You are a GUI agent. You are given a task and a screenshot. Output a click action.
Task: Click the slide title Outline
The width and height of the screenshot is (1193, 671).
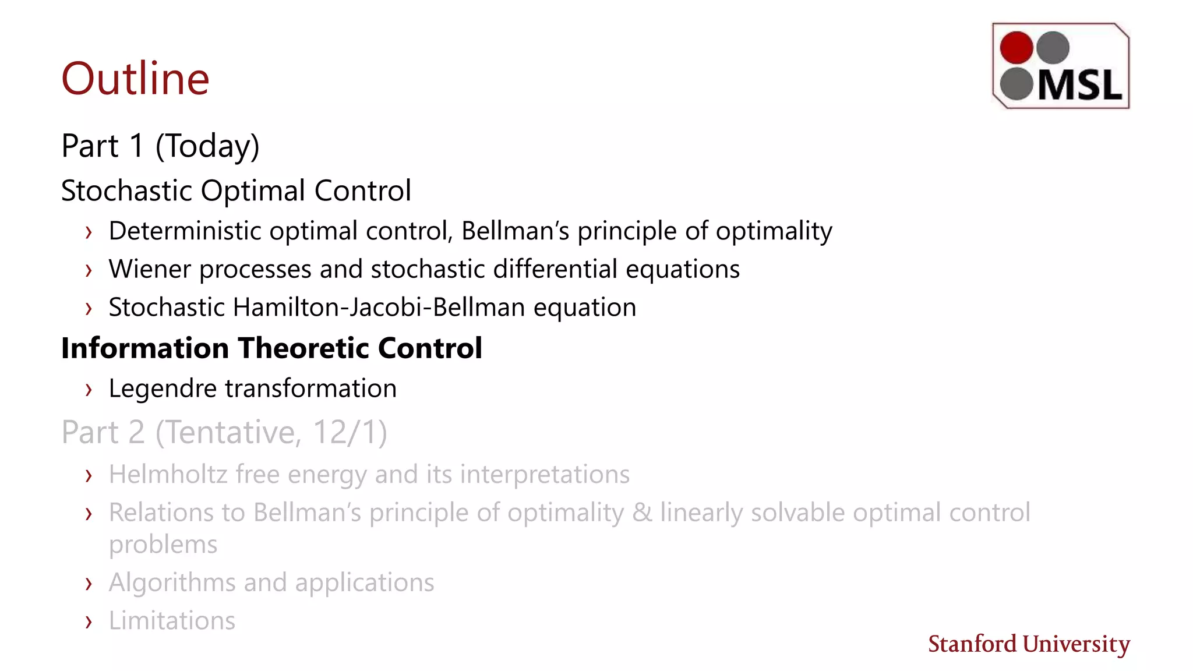135,79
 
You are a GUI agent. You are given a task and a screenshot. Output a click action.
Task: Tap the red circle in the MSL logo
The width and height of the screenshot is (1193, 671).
1016,47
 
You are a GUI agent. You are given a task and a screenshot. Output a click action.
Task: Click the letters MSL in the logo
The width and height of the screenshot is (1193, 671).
1079,86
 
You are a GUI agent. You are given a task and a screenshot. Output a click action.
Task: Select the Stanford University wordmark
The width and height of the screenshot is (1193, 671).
1029,644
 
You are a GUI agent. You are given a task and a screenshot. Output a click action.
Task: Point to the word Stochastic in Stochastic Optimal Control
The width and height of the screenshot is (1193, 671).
126,191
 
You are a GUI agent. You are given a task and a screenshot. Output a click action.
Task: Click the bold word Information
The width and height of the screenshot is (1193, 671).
144,348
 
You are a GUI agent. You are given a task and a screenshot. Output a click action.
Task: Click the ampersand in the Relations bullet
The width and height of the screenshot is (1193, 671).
642,513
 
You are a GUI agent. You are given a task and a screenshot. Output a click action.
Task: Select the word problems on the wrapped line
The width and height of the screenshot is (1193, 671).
163,545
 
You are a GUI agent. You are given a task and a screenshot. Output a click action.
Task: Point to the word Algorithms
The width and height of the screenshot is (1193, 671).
172,583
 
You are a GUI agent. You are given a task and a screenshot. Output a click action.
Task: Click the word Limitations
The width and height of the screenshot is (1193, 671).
172,621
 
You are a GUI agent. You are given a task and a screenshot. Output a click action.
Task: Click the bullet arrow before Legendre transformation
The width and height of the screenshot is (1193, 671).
89,390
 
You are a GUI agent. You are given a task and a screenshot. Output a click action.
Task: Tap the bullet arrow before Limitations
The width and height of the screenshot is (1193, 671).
89,622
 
